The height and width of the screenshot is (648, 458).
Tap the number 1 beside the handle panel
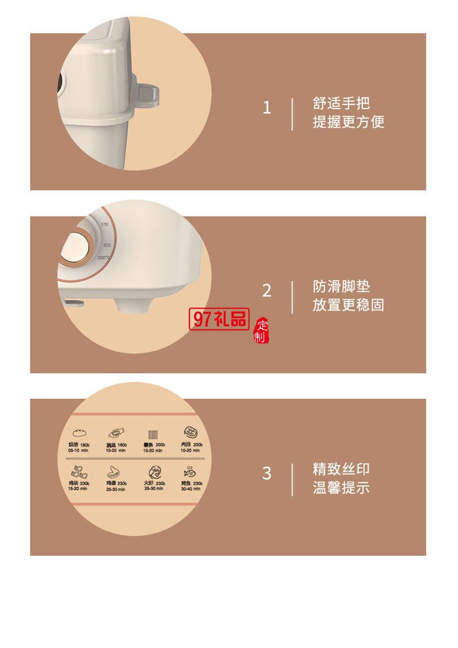(266, 108)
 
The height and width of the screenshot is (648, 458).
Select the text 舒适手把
(341, 103)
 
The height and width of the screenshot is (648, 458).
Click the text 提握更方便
(348, 121)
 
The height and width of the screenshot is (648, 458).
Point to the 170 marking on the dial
(104, 225)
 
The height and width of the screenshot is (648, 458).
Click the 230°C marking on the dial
(104, 257)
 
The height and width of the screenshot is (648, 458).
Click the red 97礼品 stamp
(220, 319)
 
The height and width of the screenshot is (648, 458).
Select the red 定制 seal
(261, 330)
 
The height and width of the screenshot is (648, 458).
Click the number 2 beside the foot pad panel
(266, 291)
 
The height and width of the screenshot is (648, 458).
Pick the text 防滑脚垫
(341, 287)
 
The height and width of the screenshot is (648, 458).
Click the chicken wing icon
(114, 472)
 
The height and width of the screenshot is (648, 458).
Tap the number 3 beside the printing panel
(266, 473)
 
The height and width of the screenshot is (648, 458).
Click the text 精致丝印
(341, 469)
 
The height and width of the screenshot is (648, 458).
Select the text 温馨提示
(341, 488)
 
